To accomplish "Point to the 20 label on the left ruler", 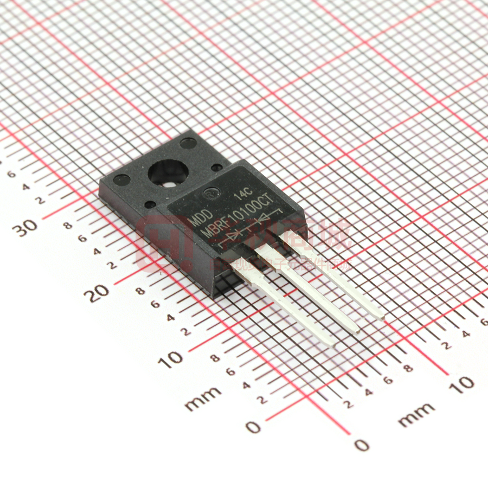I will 99,293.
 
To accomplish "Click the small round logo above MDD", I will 209,193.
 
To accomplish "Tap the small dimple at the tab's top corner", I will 188,143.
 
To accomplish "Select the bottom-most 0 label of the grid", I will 362,446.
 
